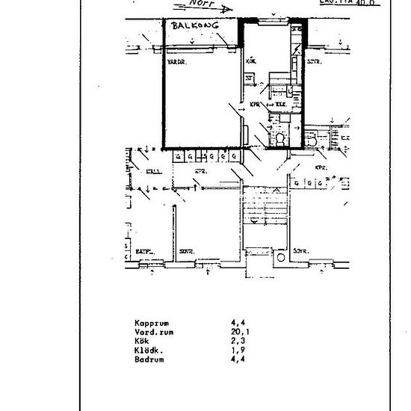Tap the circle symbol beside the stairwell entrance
point(282,258)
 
